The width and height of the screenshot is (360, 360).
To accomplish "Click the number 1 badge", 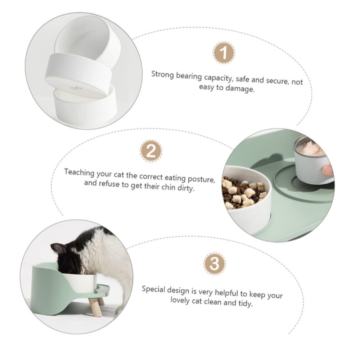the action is point(224,53).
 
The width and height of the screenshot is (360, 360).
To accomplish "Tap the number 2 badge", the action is point(151,151).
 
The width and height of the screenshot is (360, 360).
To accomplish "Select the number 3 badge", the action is point(215,264).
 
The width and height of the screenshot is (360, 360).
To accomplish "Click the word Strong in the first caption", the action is point(163,75).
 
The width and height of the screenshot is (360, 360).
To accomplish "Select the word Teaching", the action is point(79,172).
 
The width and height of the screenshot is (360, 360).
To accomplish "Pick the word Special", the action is point(153,289).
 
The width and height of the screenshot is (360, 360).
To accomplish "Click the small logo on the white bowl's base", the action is point(75,88).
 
